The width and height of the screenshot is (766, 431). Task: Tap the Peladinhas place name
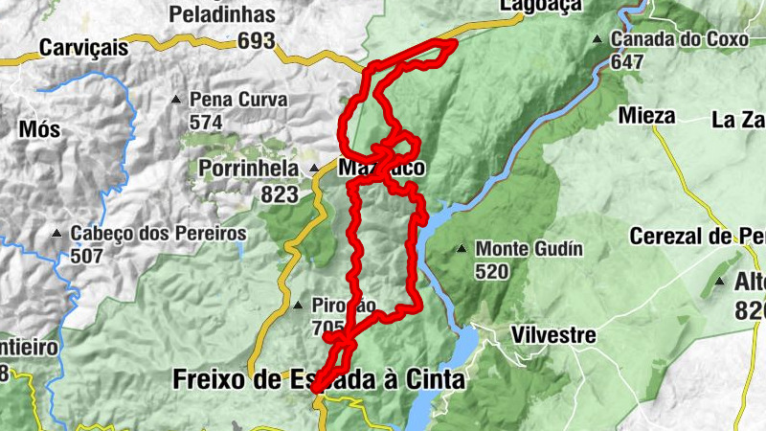coord(222,14)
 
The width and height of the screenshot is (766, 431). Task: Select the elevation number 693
coord(258,41)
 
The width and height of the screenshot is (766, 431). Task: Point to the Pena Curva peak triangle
coord(176,99)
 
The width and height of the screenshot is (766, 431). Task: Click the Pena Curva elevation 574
coord(206,122)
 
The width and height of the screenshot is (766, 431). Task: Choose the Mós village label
coord(38,127)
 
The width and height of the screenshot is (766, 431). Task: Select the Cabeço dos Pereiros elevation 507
coord(88,257)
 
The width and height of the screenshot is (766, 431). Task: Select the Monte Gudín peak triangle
coord(462,249)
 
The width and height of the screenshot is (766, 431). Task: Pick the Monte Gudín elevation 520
coord(493,271)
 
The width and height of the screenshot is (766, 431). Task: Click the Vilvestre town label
coord(553,335)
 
